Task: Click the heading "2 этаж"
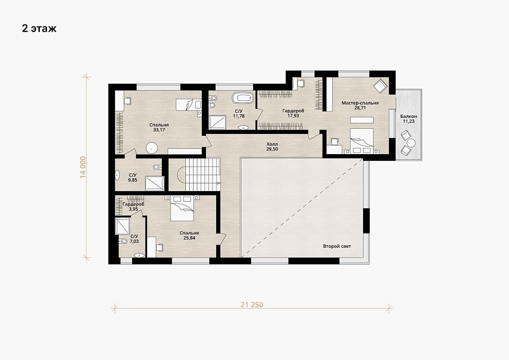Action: pyautogui.click(x=39, y=29)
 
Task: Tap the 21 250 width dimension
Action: pyautogui.click(x=252, y=305)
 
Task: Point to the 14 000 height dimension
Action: pyautogui.click(x=83, y=167)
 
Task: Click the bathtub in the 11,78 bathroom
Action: pyautogui.click(x=243, y=98)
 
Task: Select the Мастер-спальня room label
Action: pyautogui.click(x=360, y=103)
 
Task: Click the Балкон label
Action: pyautogui.click(x=408, y=116)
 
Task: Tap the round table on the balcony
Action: pyautogui.click(x=412, y=143)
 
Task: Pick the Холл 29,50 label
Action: pyautogui.click(x=272, y=146)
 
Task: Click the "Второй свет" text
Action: pyautogui.click(x=337, y=246)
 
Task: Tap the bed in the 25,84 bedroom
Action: pyautogui.click(x=182, y=208)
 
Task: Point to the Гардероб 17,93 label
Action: pyautogui.click(x=293, y=113)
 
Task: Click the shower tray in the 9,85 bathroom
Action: pyautogui.click(x=155, y=183)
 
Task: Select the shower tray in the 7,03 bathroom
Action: pyautogui.click(x=122, y=226)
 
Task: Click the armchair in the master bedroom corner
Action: pyautogui.click(x=380, y=86)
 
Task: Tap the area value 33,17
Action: pyautogui.click(x=159, y=130)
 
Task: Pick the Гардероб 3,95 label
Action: pyautogui.click(x=133, y=207)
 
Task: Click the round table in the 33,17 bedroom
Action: pyautogui.click(x=152, y=148)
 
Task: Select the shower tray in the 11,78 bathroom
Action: pyautogui.click(x=217, y=123)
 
